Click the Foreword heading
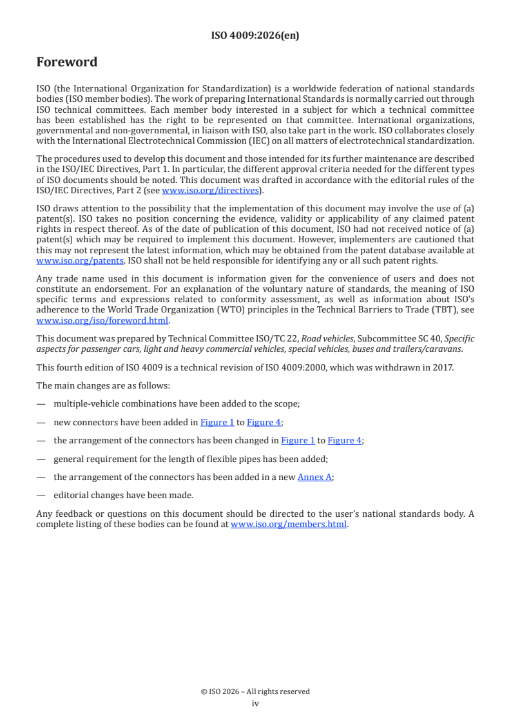pos(67,62)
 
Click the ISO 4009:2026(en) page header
pos(255,36)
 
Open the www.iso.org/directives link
pos(210,190)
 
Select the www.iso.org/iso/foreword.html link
pos(102,320)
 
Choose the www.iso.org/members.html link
pos(289,524)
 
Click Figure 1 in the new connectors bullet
pos(217,422)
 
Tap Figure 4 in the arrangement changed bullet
pos(345,441)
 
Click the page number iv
pos(255,704)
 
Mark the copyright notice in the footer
pos(255,691)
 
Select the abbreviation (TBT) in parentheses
pos(443,309)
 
